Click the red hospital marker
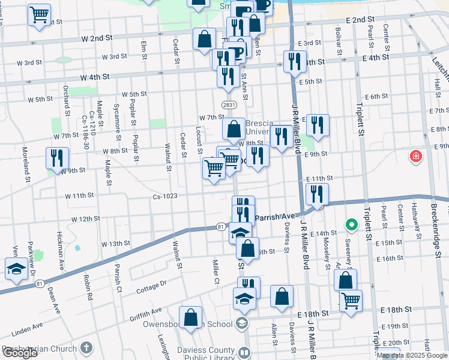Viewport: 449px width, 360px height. [415, 157]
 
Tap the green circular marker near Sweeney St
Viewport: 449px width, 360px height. [351, 226]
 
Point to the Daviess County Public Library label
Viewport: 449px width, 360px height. [208, 353]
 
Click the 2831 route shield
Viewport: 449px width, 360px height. [228, 104]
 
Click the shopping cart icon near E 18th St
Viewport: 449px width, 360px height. [351, 300]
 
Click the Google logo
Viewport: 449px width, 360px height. [20, 353]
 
